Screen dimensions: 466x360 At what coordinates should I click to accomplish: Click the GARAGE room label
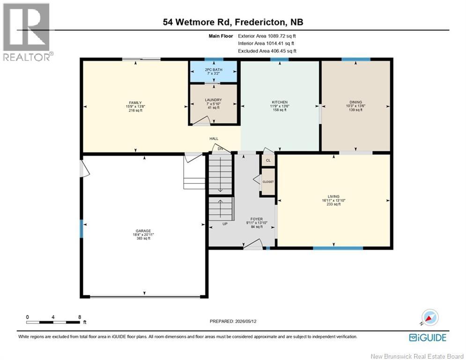point(143,231)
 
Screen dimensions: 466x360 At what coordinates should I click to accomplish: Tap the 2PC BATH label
point(214,70)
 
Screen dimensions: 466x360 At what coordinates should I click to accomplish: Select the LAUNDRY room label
point(214,100)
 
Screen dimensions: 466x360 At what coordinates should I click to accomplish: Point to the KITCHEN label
point(280,102)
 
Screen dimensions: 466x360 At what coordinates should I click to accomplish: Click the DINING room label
point(356,102)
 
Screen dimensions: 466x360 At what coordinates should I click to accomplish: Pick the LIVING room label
point(333,196)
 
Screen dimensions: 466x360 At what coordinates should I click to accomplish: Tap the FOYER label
point(257,219)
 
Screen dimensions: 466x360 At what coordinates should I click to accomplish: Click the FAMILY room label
point(135,103)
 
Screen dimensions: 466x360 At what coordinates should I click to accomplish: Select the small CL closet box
point(268,160)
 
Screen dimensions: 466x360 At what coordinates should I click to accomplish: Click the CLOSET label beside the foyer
point(268,182)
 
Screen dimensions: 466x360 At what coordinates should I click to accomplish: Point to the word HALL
point(214,139)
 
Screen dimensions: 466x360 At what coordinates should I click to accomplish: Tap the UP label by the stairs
point(225,224)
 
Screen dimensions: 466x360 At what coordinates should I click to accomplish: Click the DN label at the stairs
point(220,149)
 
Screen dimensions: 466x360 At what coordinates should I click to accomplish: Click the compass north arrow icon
point(429,318)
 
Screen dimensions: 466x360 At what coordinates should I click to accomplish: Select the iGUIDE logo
point(428,337)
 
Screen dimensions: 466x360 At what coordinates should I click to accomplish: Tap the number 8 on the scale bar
point(80,317)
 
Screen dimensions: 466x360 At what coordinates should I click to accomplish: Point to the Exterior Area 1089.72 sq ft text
point(267,36)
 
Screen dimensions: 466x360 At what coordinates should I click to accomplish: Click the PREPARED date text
point(233,321)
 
